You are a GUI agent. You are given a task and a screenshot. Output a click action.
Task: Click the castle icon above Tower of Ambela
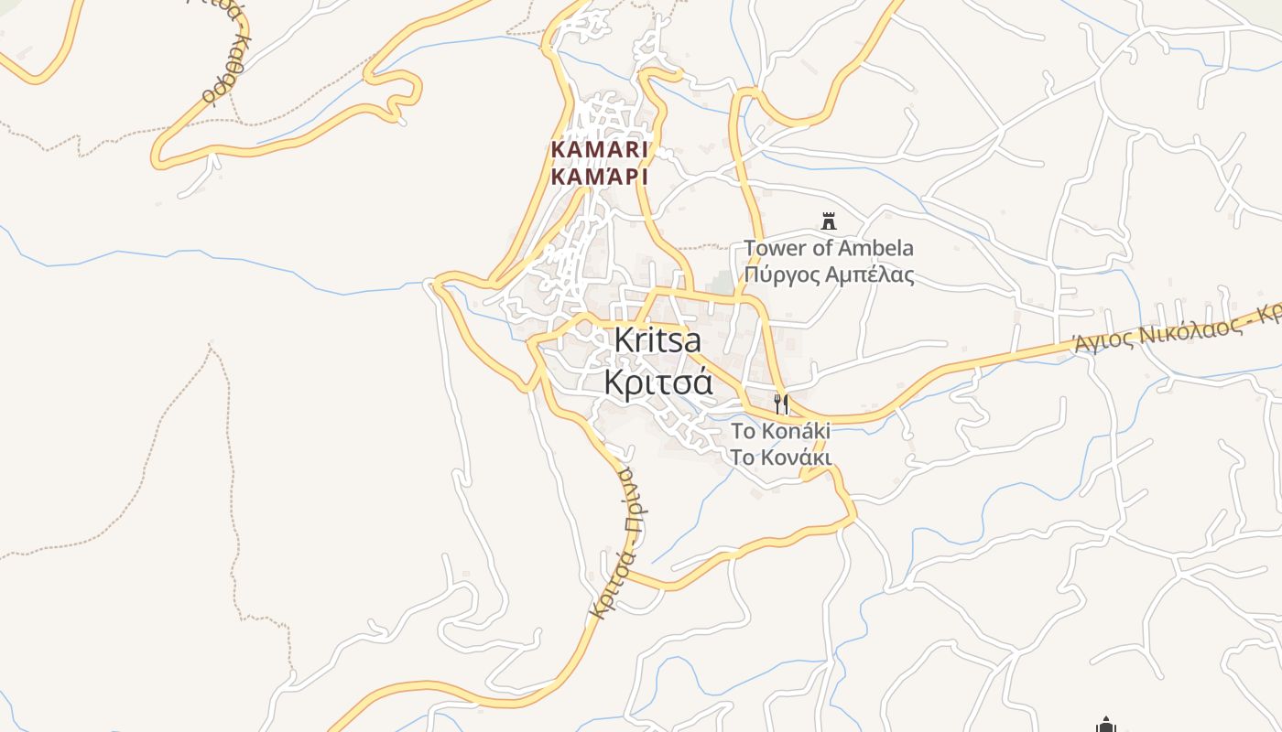click(830, 221)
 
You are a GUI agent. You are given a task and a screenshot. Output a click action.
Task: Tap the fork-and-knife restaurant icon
click(781, 404)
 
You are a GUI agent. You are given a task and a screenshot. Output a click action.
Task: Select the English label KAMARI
click(600, 149)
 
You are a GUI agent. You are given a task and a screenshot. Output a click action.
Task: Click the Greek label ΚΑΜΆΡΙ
click(600, 177)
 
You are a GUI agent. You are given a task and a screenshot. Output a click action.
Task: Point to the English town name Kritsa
click(657, 340)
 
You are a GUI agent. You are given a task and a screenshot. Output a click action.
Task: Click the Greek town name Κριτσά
click(657, 382)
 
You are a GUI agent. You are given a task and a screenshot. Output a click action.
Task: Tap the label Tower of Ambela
click(828, 248)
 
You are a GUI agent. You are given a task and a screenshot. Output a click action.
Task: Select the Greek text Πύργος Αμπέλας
click(828, 274)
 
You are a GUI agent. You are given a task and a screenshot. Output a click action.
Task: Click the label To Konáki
click(780, 431)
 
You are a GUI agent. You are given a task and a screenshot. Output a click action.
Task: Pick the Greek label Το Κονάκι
click(780, 457)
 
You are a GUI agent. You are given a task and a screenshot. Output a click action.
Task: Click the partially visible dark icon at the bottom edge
click(1106, 726)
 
